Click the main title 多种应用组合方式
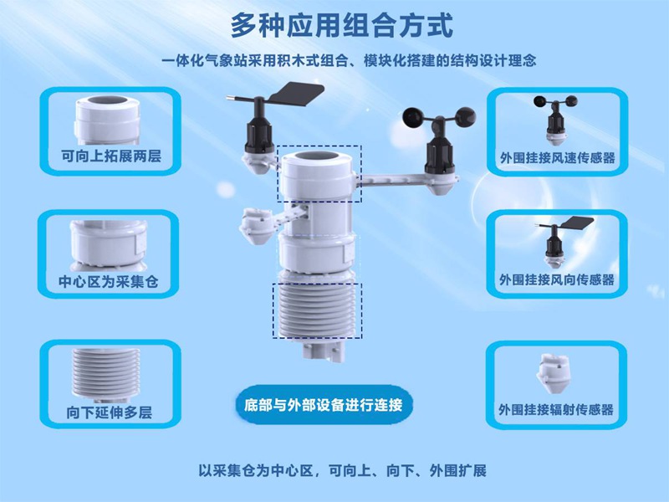click(x=341, y=26)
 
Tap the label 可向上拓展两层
click(x=111, y=156)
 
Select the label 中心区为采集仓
click(x=109, y=281)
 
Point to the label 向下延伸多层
click(x=110, y=412)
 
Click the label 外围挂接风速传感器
click(x=558, y=158)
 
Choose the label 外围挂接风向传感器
click(x=557, y=280)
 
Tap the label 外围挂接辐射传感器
click(x=556, y=409)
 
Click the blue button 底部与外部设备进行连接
click(x=324, y=405)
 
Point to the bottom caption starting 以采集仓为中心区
click(x=342, y=470)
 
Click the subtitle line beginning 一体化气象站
click(x=349, y=60)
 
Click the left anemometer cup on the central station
click(x=415, y=117)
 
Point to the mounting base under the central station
click(x=322, y=350)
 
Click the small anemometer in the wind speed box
click(x=555, y=118)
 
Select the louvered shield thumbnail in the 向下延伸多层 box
click(x=106, y=374)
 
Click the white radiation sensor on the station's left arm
click(x=253, y=226)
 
